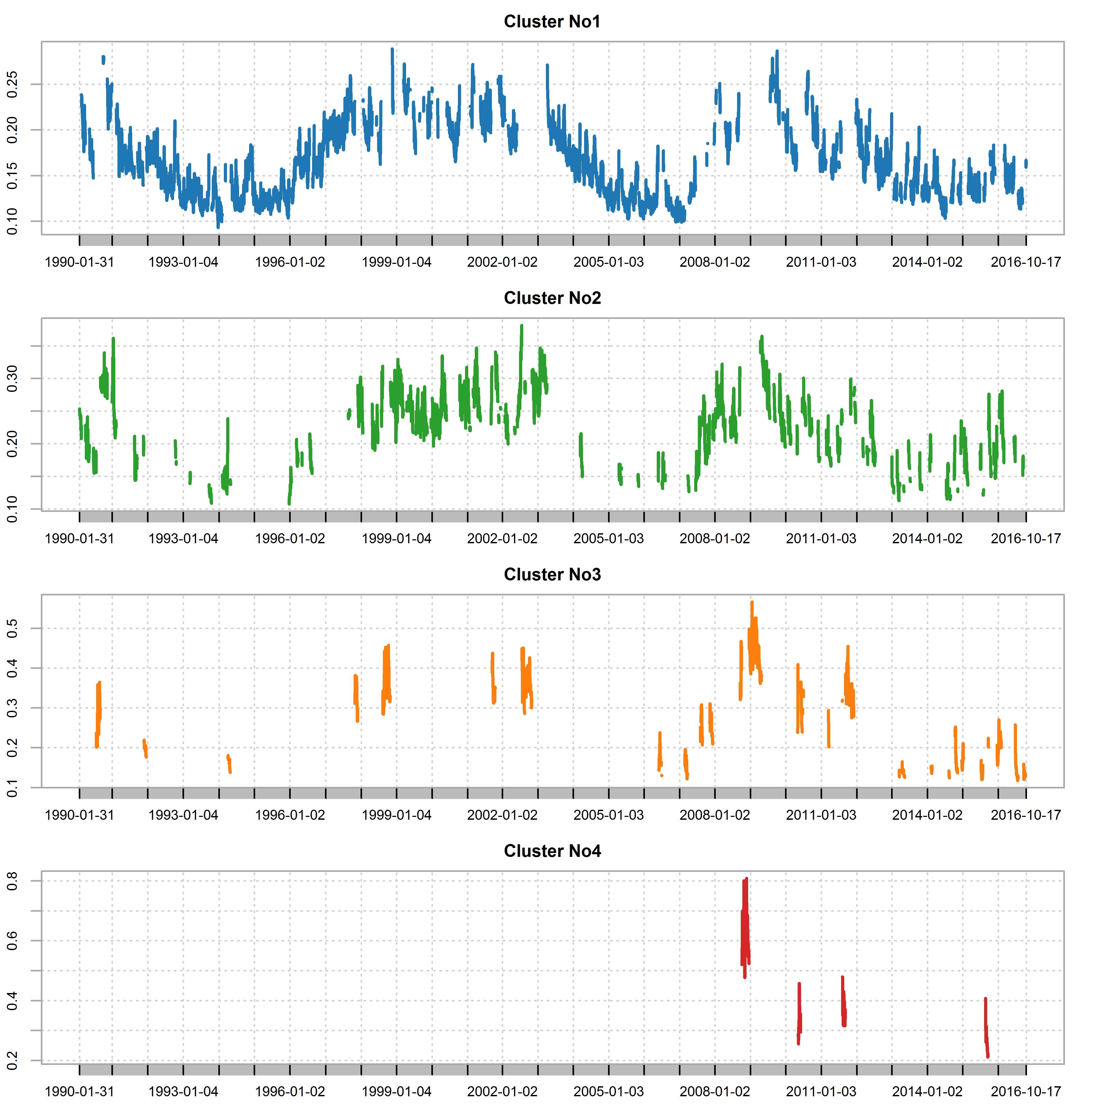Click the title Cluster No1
point(552,22)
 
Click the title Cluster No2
point(552,298)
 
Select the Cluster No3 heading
point(552,575)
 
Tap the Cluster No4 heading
point(552,851)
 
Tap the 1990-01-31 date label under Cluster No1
point(80,262)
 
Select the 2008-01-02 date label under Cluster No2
point(714,539)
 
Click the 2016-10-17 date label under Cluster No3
point(1026,815)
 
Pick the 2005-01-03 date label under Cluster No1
point(609,262)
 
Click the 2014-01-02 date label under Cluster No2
point(927,539)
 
